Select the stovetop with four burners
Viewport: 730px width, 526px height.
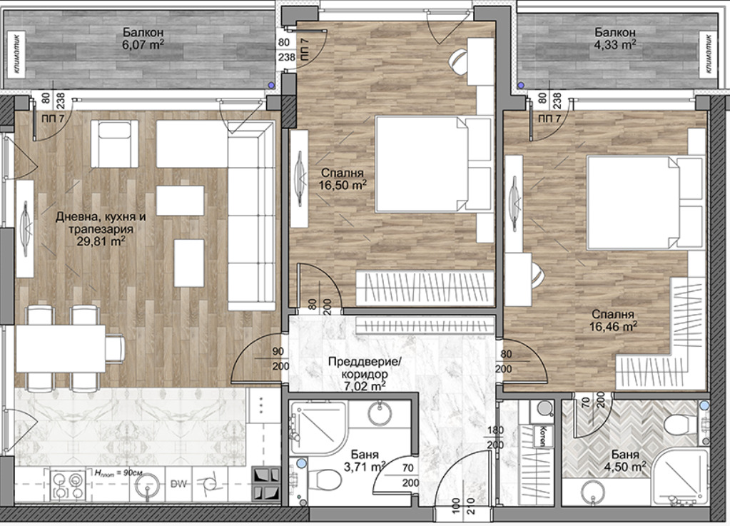coord(67,485)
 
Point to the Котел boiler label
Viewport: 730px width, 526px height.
coord(542,436)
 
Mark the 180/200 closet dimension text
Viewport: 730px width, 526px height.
coord(495,438)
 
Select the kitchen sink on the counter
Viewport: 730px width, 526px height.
coord(149,485)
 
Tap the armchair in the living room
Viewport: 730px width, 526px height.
coord(114,143)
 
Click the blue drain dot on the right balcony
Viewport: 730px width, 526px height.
coord(521,86)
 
